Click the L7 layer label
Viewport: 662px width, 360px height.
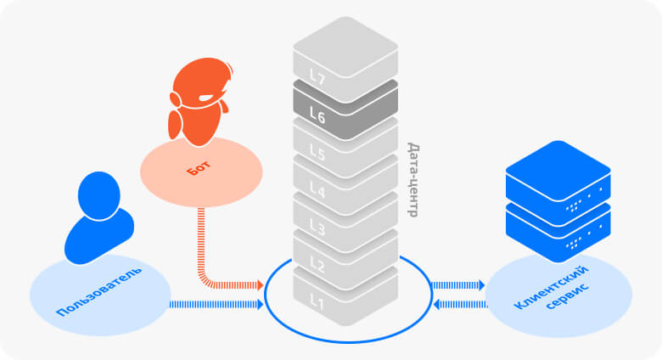[x=317, y=79]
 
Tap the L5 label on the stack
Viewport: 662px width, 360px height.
[x=317, y=154]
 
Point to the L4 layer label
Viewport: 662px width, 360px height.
[x=317, y=191]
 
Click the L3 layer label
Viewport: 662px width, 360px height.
[x=317, y=228]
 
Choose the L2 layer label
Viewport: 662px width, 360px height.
[x=317, y=264]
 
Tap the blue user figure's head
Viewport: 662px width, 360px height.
[x=99, y=194]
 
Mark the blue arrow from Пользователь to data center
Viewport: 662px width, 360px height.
[x=216, y=304]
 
